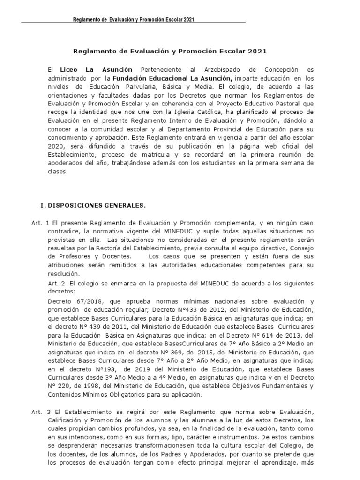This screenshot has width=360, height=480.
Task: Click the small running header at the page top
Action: click(x=134, y=19)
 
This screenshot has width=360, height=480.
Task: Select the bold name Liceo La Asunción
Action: click(x=96, y=69)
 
